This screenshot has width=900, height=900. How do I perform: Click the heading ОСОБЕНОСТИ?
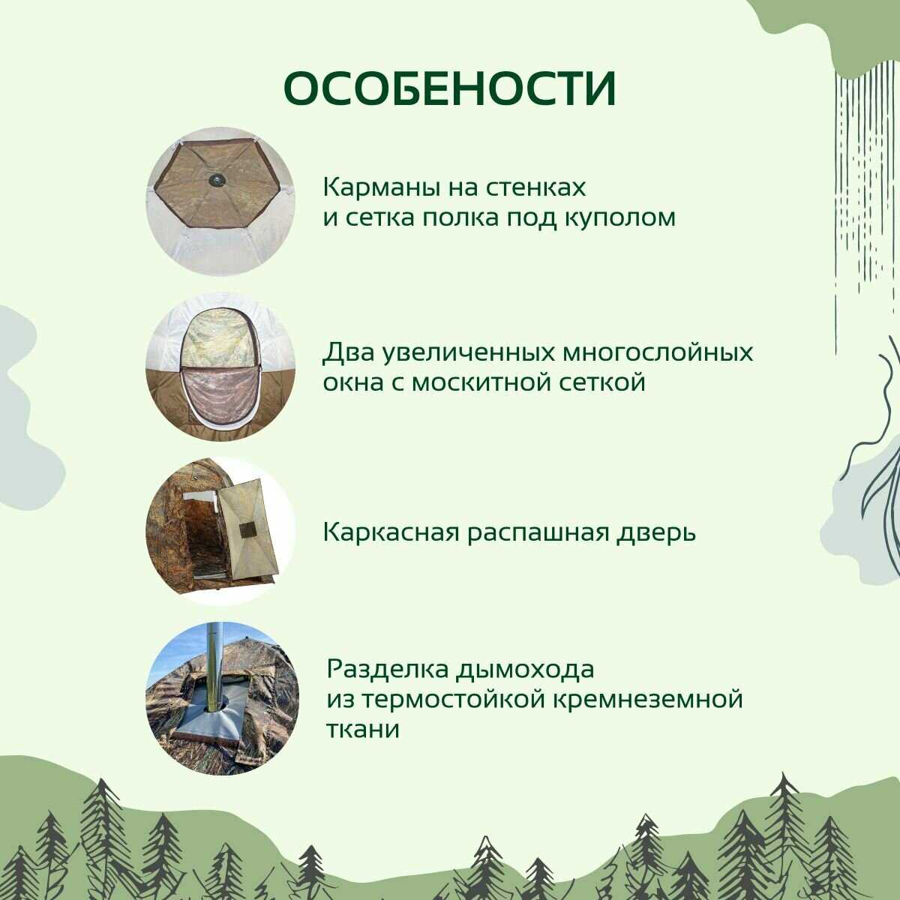[450, 89]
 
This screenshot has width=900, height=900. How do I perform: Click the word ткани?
[362, 730]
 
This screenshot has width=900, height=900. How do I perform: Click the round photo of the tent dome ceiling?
[221, 202]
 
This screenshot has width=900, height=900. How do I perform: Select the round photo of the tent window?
[221, 367]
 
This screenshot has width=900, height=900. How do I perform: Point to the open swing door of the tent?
[250, 530]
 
